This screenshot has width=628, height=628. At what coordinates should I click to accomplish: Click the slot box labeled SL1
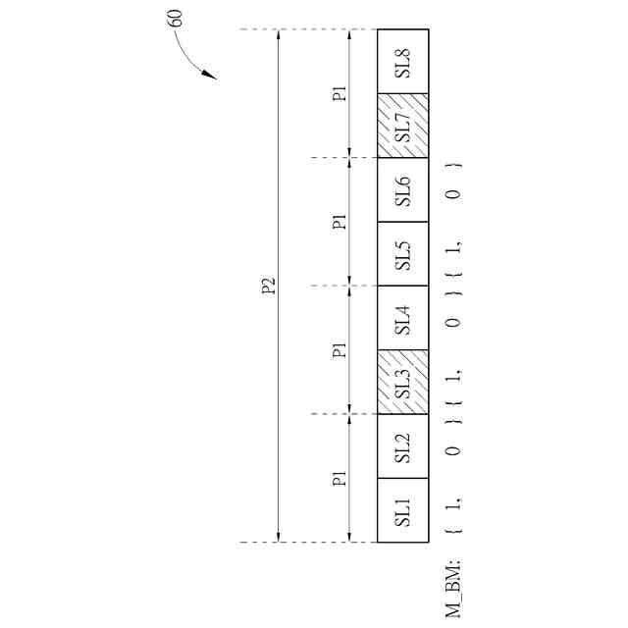point(403,510)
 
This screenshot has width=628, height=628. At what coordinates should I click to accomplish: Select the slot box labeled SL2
point(403,446)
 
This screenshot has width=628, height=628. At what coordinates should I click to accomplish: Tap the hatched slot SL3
point(403,382)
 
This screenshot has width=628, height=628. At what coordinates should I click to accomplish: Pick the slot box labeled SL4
point(403,318)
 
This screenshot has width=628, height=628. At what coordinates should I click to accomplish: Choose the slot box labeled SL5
point(403,254)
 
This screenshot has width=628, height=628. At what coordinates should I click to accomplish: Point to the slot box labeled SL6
point(403,189)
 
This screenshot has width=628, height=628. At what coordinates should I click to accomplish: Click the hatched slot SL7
point(403,126)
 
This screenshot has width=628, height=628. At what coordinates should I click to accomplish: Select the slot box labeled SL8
point(403,61)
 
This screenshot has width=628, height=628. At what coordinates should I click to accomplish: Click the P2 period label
point(268,286)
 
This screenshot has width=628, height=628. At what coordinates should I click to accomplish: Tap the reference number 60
point(176,18)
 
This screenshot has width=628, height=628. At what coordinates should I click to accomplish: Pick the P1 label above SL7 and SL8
point(339,93)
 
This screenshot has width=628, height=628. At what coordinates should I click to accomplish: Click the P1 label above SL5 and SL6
point(339,222)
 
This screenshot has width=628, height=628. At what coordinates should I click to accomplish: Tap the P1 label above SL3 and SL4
point(339,350)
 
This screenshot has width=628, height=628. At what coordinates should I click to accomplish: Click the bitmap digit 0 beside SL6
point(453,194)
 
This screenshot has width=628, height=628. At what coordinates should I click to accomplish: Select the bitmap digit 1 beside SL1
point(453,505)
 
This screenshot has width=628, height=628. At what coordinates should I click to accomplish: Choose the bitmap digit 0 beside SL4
point(453,323)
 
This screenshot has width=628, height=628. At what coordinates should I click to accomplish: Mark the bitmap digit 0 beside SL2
point(453,451)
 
